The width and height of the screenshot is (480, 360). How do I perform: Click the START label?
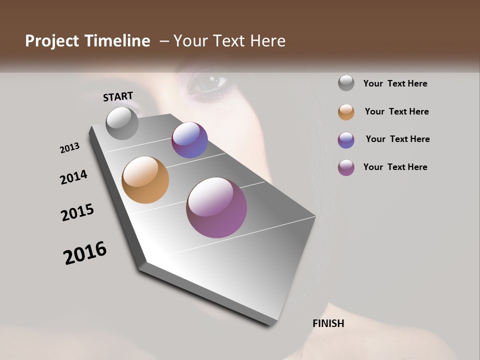(x=118, y=96)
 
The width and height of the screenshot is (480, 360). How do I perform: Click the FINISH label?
(x=328, y=323)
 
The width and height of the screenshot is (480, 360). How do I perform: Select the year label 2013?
(x=69, y=148)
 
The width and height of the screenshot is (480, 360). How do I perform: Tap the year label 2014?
(x=73, y=177)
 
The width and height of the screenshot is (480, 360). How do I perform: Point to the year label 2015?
(x=77, y=212)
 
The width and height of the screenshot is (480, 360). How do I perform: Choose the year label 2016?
(x=85, y=253)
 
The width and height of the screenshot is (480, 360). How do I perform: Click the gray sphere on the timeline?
(x=122, y=123)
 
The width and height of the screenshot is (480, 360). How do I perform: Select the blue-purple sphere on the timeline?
(x=189, y=140)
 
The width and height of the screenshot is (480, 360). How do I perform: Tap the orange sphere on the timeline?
(x=145, y=180)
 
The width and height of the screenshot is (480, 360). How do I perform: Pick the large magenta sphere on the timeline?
(x=216, y=207)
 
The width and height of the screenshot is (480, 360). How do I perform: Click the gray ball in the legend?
(x=346, y=83)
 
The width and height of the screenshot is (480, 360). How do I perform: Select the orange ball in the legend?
(x=346, y=111)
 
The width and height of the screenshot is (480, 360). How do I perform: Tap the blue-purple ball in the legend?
(x=346, y=139)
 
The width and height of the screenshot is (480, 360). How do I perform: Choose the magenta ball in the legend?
(x=346, y=167)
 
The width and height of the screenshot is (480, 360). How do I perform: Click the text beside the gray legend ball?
(x=395, y=83)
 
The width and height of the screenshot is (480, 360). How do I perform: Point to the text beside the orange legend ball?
(x=396, y=111)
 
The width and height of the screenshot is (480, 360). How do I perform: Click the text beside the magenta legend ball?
(x=395, y=167)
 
